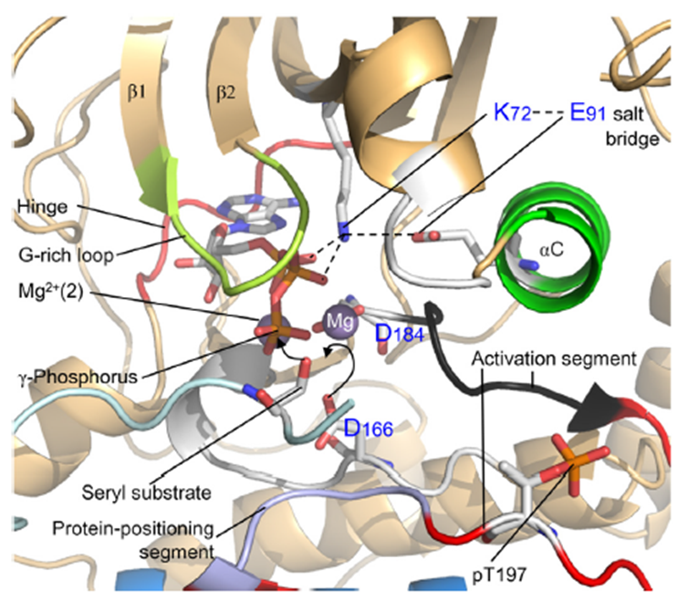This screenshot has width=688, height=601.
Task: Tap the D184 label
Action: tap(398, 340)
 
